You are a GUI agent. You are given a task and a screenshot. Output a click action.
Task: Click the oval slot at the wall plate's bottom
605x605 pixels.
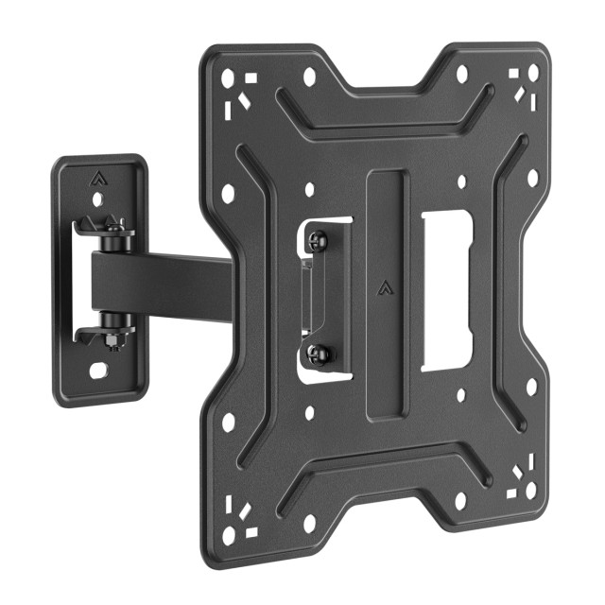[x=97, y=370]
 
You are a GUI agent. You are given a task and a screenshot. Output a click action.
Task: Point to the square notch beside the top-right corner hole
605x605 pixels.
[x=515, y=73]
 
